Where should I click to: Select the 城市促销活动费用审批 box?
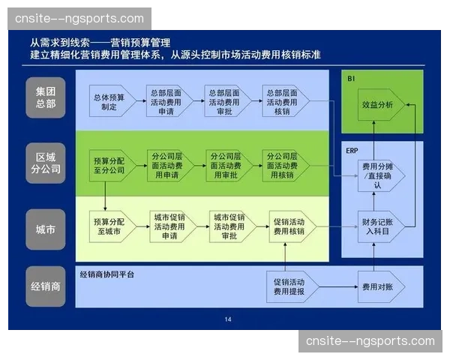pos(227,226)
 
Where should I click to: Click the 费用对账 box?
pos(379,286)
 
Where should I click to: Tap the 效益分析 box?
pos(379,106)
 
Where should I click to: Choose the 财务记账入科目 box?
pos(379,226)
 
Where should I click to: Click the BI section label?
pos(351,78)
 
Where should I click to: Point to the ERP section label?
pos(352,150)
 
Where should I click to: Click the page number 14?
pos(228,320)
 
